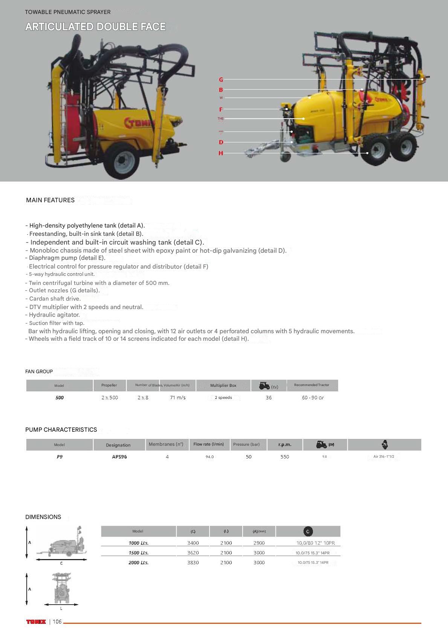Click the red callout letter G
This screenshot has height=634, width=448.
[x=221, y=80]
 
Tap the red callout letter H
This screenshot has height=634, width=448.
[x=221, y=153]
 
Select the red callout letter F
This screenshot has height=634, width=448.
[x=221, y=109]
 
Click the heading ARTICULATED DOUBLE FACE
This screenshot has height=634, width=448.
[x=95, y=27]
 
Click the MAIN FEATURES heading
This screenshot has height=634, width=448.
[x=50, y=200]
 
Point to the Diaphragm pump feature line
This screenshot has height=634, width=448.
[x=65, y=258]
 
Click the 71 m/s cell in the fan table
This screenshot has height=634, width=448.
[x=178, y=397]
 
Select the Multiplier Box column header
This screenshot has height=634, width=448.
[x=223, y=385]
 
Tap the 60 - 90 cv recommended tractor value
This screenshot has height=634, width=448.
[x=312, y=397]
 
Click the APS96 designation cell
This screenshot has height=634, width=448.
[x=119, y=457]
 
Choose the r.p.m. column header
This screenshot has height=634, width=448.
[x=284, y=445]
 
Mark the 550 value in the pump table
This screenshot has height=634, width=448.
[x=284, y=457]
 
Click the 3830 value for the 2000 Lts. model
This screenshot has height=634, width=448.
[x=193, y=562]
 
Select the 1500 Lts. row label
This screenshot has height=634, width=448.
[x=138, y=552]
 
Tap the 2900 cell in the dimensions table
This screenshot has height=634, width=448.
[x=259, y=543]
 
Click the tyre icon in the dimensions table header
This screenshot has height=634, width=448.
[x=308, y=531]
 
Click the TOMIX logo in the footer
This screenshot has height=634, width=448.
[x=36, y=622]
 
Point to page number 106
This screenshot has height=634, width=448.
[x=57, y=622]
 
